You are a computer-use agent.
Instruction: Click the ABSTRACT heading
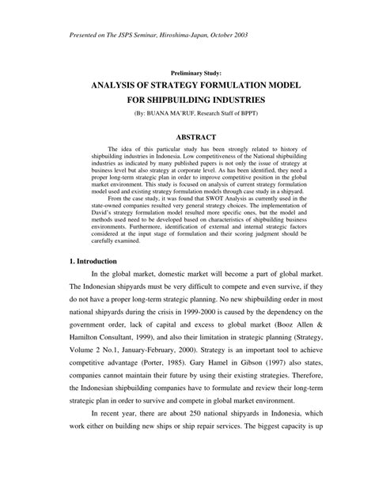187,136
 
